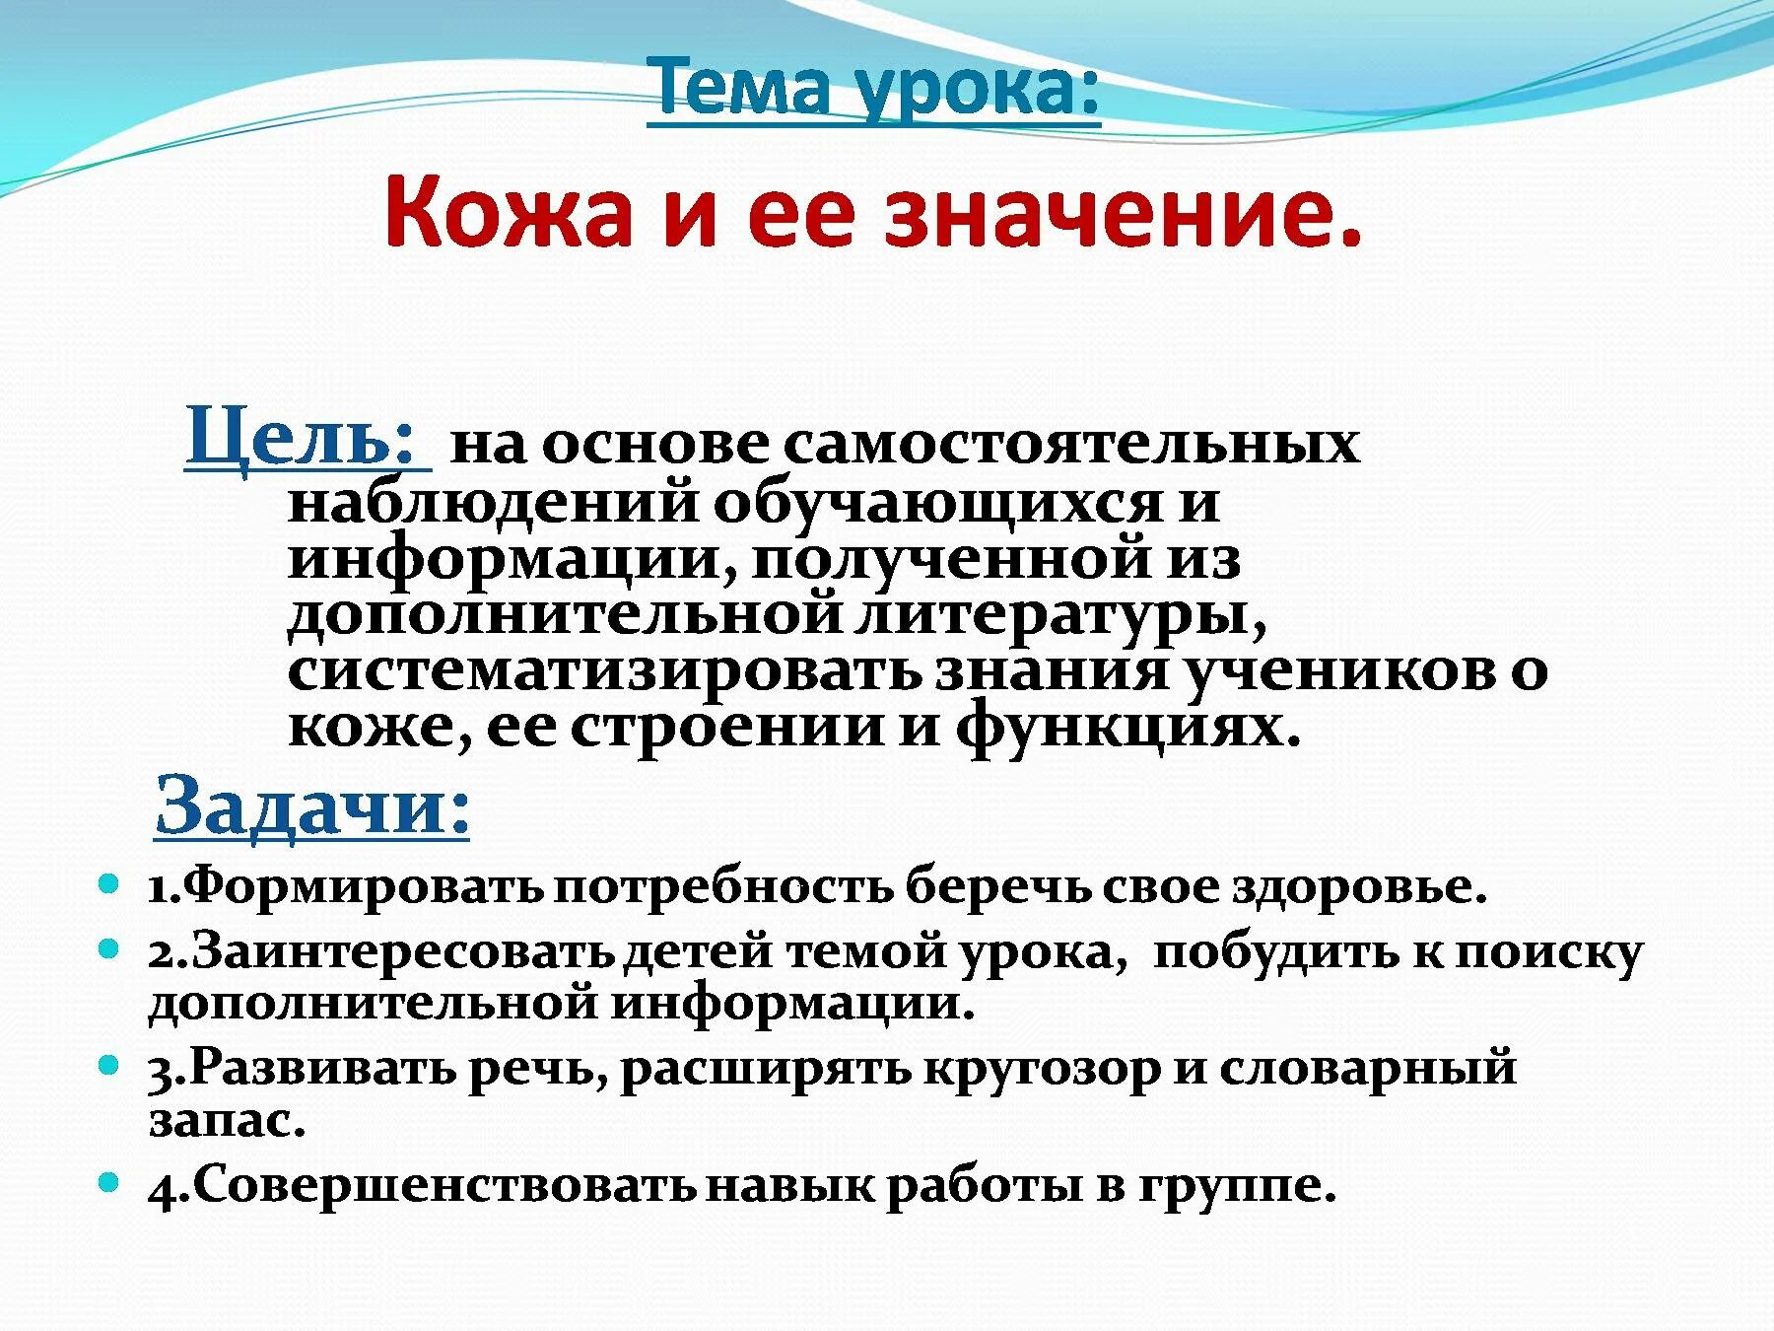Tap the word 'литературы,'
[x=1060, y=615]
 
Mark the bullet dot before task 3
[x=109, y=1064]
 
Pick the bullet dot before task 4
[x=109, y=1180]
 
